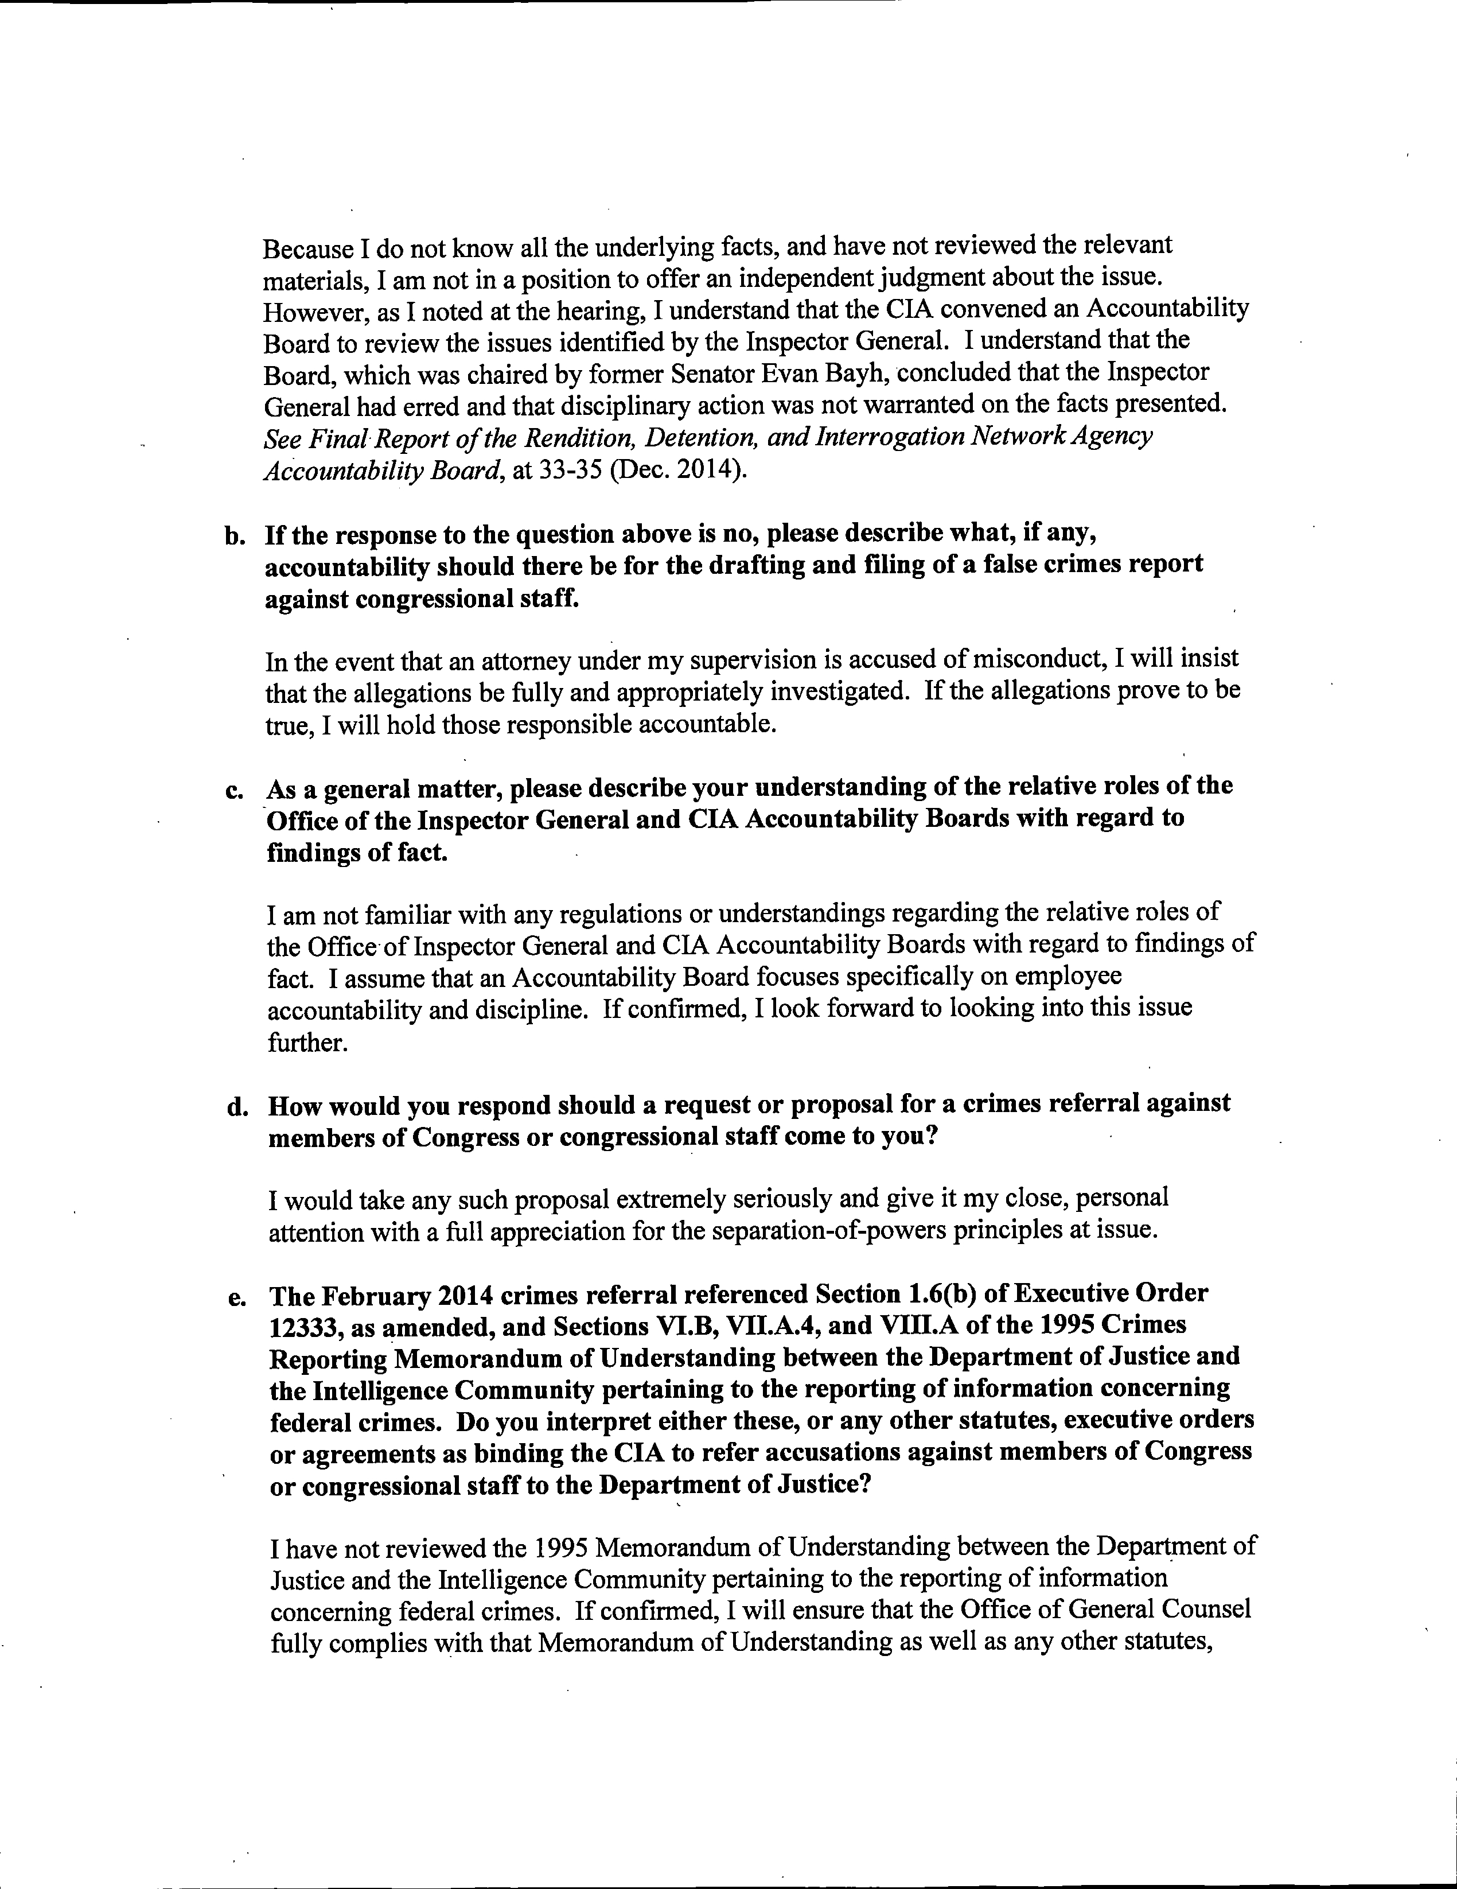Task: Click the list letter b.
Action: coord(232,537)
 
